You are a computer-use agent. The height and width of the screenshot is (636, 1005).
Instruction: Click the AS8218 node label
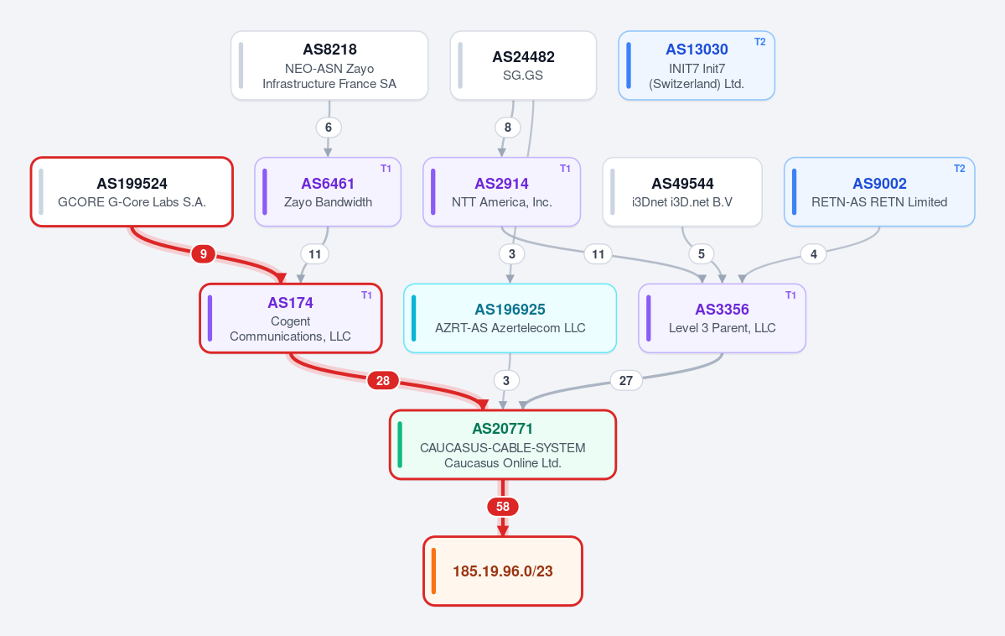coord(329,50)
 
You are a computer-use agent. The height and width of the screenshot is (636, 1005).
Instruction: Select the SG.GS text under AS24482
coord(523,75)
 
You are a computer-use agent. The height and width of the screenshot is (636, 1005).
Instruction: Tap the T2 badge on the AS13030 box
coord(759,42)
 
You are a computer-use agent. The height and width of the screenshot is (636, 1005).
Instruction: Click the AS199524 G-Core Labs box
coord(132,192)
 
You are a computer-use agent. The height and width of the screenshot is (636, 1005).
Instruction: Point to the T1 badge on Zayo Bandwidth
coord(386,168)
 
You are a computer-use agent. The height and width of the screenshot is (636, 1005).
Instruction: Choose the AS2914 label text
coord(501,184)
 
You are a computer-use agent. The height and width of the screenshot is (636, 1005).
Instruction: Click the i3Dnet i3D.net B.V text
coord(682,202)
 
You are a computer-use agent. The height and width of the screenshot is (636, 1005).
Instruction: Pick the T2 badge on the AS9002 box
coord(960,168)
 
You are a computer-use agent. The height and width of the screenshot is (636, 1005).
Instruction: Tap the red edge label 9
coord(203,254)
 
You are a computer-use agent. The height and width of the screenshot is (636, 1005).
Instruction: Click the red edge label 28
coord(383,381)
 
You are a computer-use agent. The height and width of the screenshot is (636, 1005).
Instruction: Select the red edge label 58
coord(503,507)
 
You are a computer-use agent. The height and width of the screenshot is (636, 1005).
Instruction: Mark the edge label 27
coord(625,381)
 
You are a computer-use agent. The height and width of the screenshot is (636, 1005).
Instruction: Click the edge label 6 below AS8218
coord(329,127)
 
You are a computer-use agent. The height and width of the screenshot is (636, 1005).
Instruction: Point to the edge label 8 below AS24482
coord(508,127)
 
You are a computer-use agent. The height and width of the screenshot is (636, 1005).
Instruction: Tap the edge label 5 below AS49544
coord(702,254)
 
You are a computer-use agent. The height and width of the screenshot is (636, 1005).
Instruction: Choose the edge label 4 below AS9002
coord(813,254)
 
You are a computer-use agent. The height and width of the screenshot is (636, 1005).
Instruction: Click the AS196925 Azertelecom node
coord(510,318)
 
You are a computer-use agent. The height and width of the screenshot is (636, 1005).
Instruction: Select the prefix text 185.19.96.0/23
coord(503,571)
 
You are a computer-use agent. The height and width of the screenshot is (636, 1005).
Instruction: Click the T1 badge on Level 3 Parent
coord(790,295)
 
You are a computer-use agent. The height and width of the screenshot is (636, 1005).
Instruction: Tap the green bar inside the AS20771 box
coord(400,445)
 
